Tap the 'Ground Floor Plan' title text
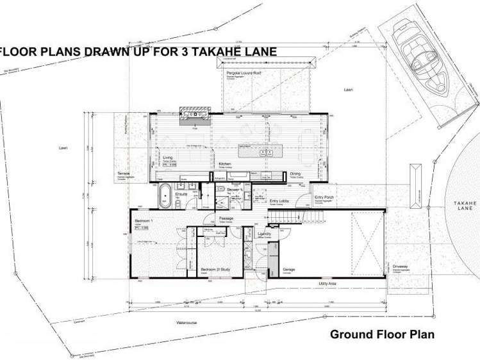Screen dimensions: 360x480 coord(382,334)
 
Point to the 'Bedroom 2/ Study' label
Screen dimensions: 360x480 coord(212,270)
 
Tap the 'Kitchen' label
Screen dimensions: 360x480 coord(224,164)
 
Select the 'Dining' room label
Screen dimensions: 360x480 coord(295,174)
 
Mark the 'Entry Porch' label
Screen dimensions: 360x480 coord(324,197)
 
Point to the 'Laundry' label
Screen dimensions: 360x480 coord(264,234)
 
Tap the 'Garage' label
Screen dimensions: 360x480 coord(289,270)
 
